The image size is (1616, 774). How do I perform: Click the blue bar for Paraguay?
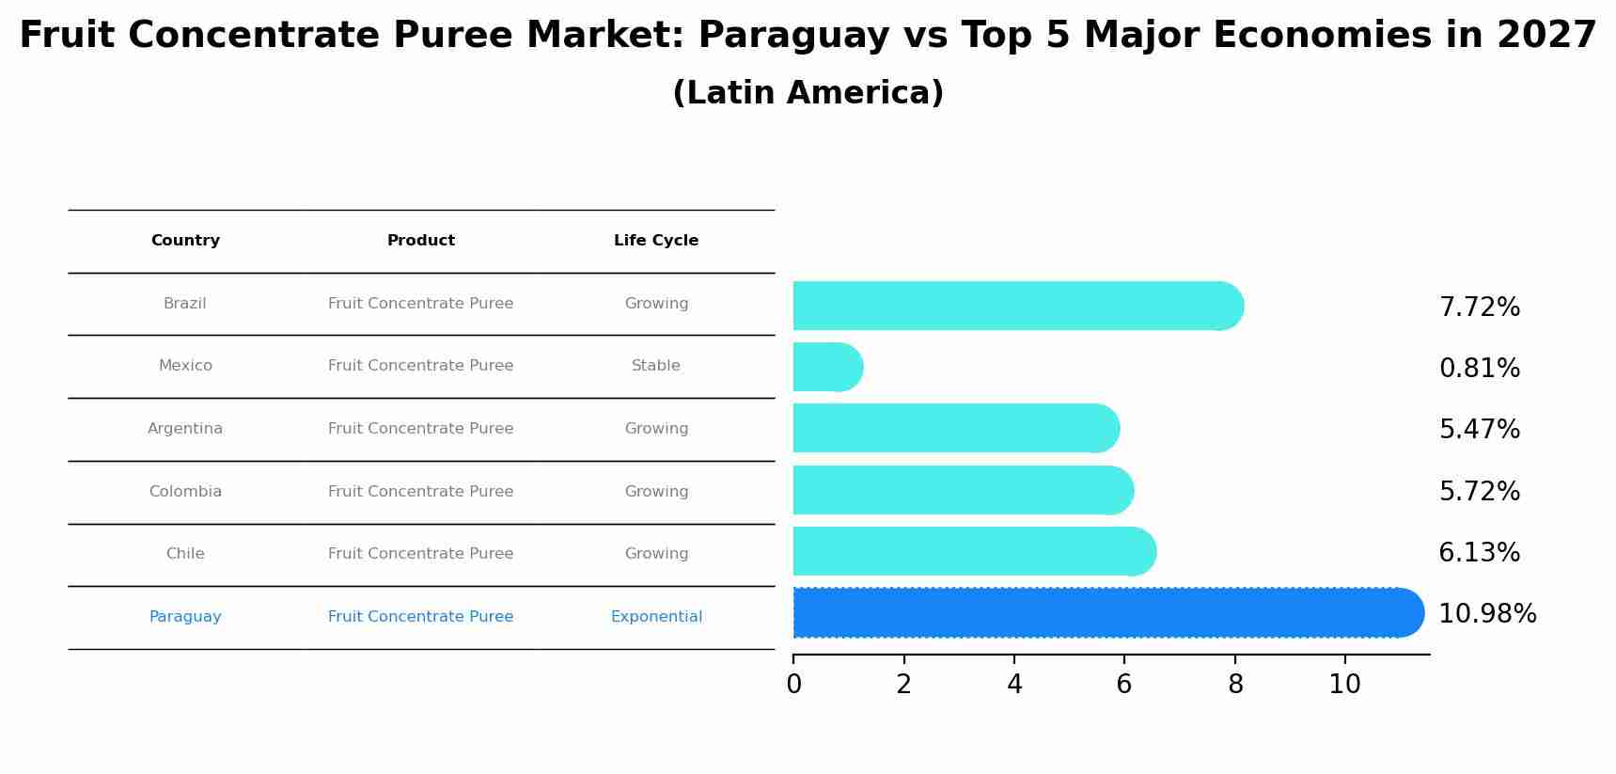pos(1100,612)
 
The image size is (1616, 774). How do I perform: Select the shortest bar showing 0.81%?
pos(825,367)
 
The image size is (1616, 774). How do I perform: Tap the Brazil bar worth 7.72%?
pos(1015,306)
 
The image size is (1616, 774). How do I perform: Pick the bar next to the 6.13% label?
pos(973,551)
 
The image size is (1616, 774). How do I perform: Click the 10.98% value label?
pos(1487,614)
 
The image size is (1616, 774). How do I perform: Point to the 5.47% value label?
pos(1479,430)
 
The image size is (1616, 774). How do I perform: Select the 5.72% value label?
pos(1479,492)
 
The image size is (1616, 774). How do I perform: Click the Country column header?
pos(185,241)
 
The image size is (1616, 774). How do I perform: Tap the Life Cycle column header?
pos(656,241)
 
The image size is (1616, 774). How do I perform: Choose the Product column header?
pos(420,241)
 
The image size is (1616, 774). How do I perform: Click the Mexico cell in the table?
pos(185,366)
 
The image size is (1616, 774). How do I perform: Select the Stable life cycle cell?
pos(656,366)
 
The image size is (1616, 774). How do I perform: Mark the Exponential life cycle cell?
pos(656,617)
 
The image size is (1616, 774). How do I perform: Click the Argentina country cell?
pos(185,429)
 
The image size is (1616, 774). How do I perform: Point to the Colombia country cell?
pos(185,492)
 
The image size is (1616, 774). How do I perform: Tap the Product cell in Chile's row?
pos(420,554)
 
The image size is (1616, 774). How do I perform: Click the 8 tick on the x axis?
pos(1235,685)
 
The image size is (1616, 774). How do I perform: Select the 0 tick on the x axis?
pos(793,685)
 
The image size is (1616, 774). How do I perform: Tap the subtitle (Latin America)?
pos(808,93)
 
